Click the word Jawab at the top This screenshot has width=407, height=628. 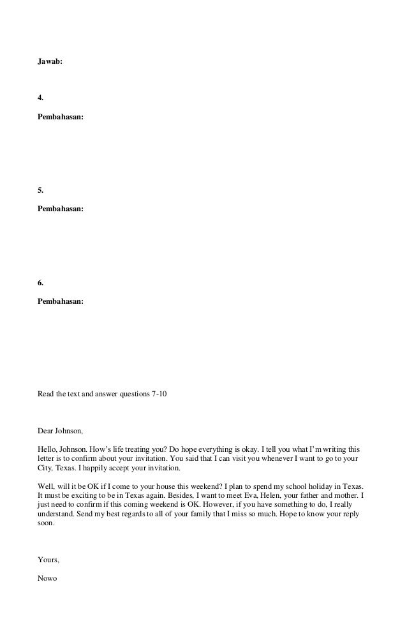(51, 63)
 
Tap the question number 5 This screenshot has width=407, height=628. (41, 190)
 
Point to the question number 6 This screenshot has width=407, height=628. (41, 281)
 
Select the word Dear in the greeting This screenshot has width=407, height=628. (47, 431)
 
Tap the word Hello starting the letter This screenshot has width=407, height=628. (49, 449)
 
